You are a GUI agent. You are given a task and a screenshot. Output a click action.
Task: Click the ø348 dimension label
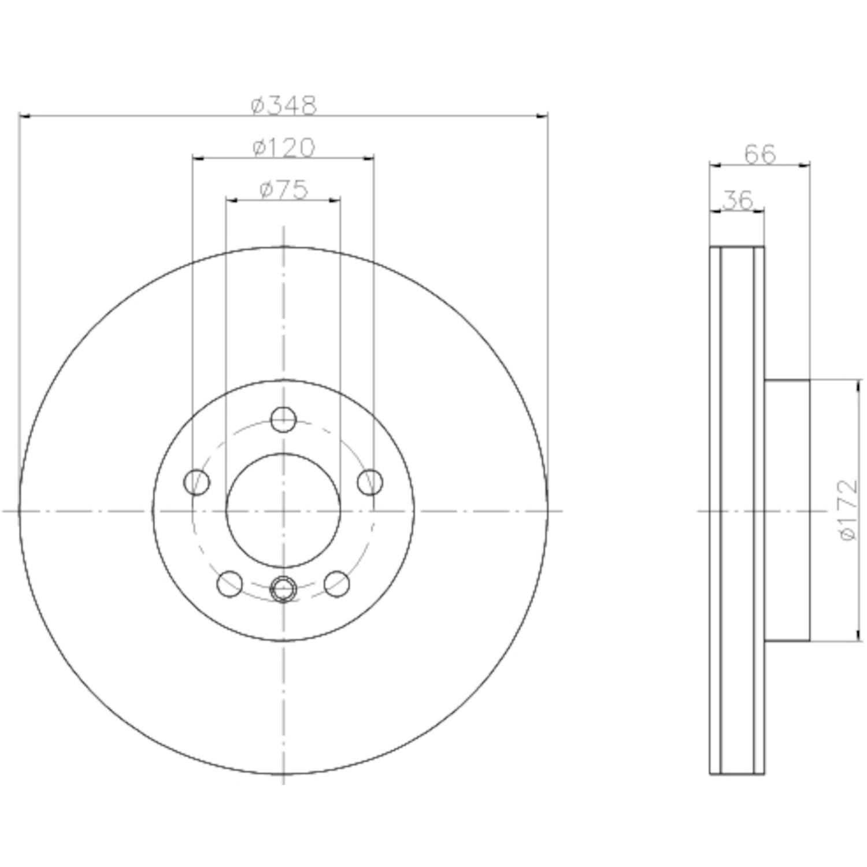[x=284, y=105]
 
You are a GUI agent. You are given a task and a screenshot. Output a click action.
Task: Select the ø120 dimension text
[x=284, y=148]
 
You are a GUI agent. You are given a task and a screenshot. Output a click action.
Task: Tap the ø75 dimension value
[x=284, y=190]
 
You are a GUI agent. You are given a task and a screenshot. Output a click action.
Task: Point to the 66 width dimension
[x=759, y=154]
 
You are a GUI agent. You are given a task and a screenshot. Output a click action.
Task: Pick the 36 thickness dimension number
[x=738, y=201]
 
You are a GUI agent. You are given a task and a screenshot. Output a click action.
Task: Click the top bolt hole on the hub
[x=283, y=420]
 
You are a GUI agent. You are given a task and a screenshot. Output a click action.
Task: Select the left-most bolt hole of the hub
[x=197, y=482]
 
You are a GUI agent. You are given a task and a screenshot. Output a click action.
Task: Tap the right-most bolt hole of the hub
[x=370, y=482]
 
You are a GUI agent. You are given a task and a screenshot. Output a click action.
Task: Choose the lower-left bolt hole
[x=229, y=584]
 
